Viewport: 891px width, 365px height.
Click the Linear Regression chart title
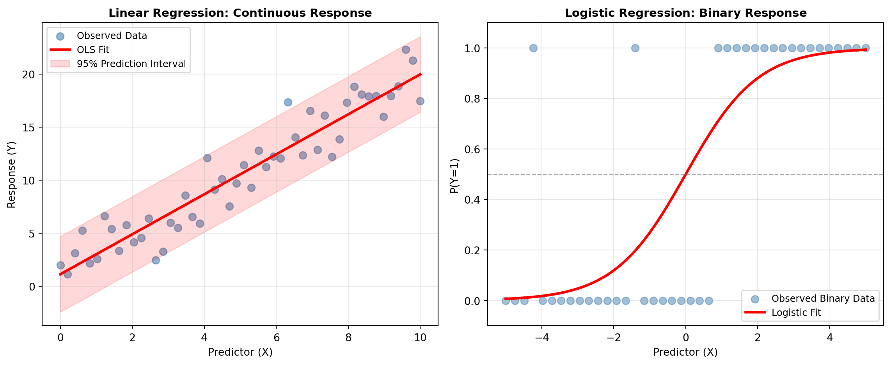(240, 13)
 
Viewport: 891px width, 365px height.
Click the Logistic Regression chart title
(685, 13)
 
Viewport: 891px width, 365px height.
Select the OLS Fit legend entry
(93, 50)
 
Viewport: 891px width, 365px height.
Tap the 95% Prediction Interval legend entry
(131, 64)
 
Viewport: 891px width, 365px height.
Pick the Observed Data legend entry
(112, 36)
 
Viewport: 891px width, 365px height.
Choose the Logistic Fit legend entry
(796, 312)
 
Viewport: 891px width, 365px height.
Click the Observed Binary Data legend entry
(823, 298)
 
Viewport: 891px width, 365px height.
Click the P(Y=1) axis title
(454, 175)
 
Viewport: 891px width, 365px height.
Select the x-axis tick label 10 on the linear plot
(420, 338)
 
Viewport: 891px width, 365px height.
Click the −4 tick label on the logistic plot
(541, 338)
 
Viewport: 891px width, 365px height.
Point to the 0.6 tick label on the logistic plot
(472, 149)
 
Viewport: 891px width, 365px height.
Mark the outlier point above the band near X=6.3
(288, 102)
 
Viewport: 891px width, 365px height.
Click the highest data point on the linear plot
(406, 50)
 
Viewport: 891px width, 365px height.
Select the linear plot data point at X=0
(60, 265)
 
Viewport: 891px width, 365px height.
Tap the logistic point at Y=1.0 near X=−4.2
(533, 48)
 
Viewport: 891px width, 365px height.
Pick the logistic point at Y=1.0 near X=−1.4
(635, 48)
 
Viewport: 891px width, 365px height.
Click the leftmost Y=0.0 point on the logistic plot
(506, 301)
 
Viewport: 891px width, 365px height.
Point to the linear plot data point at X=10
(420, 101)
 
